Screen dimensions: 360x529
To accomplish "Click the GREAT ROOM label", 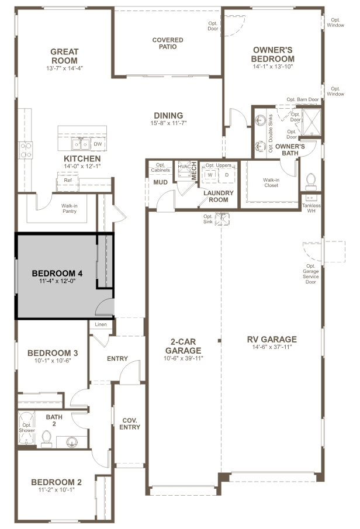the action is (x=64, y=56).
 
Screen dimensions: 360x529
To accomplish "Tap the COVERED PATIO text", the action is (x=168, y=43).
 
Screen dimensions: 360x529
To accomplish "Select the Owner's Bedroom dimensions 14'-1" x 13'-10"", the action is (x=272, y=67).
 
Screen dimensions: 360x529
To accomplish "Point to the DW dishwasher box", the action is (x=98, y=144).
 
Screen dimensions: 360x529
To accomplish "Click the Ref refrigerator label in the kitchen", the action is (x=68, y=180).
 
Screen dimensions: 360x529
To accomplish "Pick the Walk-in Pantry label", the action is (x=70, y=209).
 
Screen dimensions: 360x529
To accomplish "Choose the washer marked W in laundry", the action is (x=210, y=175).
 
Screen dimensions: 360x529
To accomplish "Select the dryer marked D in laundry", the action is (x=227, y=175).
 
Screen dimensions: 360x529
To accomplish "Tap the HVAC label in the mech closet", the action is (x=184, y=167).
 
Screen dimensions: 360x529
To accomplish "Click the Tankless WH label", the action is (x=311, y=208).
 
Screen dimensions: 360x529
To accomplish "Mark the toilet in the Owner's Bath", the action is (x=310, y=182).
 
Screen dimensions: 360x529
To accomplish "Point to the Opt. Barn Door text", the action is (x=303, y=99).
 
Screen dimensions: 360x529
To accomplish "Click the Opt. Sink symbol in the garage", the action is (x=222, y=219).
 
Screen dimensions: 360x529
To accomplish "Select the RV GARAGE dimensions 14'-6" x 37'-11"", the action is (x=272, y=347).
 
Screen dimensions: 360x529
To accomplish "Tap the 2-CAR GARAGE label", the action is (x=183, y=346).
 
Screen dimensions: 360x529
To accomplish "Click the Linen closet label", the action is (x=101, y=324).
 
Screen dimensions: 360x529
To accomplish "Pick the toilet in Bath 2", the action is (x=46, y=438).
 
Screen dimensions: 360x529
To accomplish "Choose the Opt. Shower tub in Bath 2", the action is (x=27, y=427).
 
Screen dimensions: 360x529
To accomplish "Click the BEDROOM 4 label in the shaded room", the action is (x=57, y=274).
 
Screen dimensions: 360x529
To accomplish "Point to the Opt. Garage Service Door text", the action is (x=311, y=274).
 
